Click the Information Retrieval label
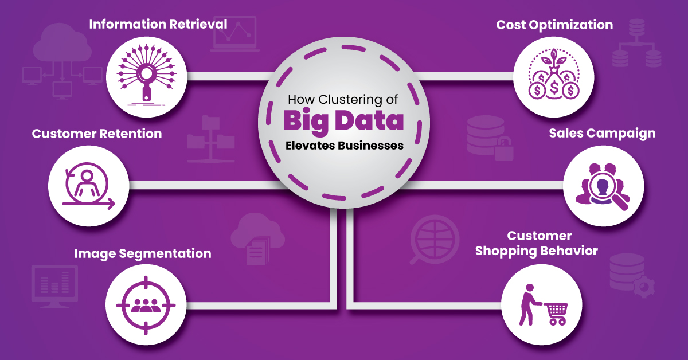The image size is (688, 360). pos(158,25)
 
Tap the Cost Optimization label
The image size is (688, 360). pos(554,25)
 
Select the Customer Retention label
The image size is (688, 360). pos(97,134)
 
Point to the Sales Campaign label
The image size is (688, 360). pos(602,134)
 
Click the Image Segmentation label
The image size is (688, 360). pos(142,253)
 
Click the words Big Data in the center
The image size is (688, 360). pos(344,122)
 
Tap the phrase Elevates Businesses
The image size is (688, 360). pos(344,146)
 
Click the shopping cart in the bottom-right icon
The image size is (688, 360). pos(554,314)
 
